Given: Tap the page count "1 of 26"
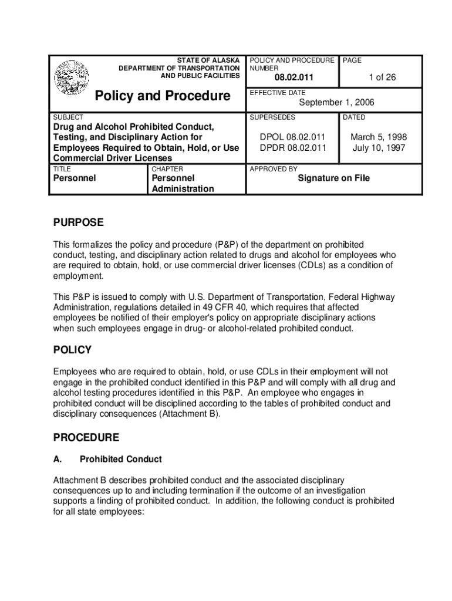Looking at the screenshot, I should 382,77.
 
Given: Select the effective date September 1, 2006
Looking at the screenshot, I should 336,103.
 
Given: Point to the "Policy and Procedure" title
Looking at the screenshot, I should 163,96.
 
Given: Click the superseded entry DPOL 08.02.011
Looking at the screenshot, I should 293,137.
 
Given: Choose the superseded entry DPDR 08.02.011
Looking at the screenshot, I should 293,148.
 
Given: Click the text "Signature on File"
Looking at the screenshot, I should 333,178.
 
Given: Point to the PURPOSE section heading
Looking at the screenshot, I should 78,222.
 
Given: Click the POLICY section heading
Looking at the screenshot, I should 72,350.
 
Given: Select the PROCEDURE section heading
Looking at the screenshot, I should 86,437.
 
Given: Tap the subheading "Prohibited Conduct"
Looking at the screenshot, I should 120,459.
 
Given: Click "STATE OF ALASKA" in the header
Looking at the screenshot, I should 208,60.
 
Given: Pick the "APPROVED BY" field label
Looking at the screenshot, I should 274,169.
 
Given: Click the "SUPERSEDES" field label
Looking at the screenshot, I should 272,117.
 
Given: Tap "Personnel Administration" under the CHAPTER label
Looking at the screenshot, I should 182,183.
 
